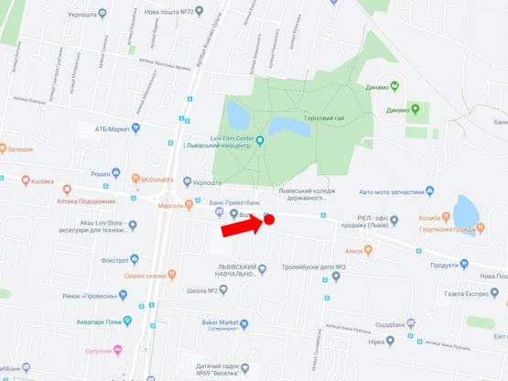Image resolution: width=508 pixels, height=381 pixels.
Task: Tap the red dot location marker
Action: coord(269,219)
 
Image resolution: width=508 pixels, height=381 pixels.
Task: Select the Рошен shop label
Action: coord(103,173)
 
